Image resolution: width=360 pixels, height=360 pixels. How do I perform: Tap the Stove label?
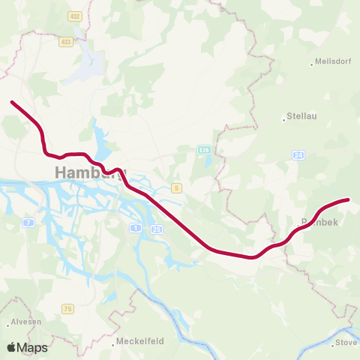[x=346, y=343]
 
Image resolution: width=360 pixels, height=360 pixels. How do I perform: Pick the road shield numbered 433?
[x=66, y=42]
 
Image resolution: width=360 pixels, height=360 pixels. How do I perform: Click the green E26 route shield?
[x=203, y=150]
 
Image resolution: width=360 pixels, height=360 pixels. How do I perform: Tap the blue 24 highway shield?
[x=298, y=154]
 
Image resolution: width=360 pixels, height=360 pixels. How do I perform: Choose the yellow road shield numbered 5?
[x=176, y=187]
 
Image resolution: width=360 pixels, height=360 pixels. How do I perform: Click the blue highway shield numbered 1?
[x=135, y=227]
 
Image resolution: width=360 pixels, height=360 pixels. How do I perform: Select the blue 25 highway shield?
[x=156, y=229]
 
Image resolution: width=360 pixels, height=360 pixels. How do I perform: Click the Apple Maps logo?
[x=27, y=347]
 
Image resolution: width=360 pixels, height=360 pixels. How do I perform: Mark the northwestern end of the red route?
[x=11, y=102]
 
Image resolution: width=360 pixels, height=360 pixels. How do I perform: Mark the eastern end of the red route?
[x=349, y=199]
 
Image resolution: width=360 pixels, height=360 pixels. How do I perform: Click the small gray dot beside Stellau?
[x=285, y=118]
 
